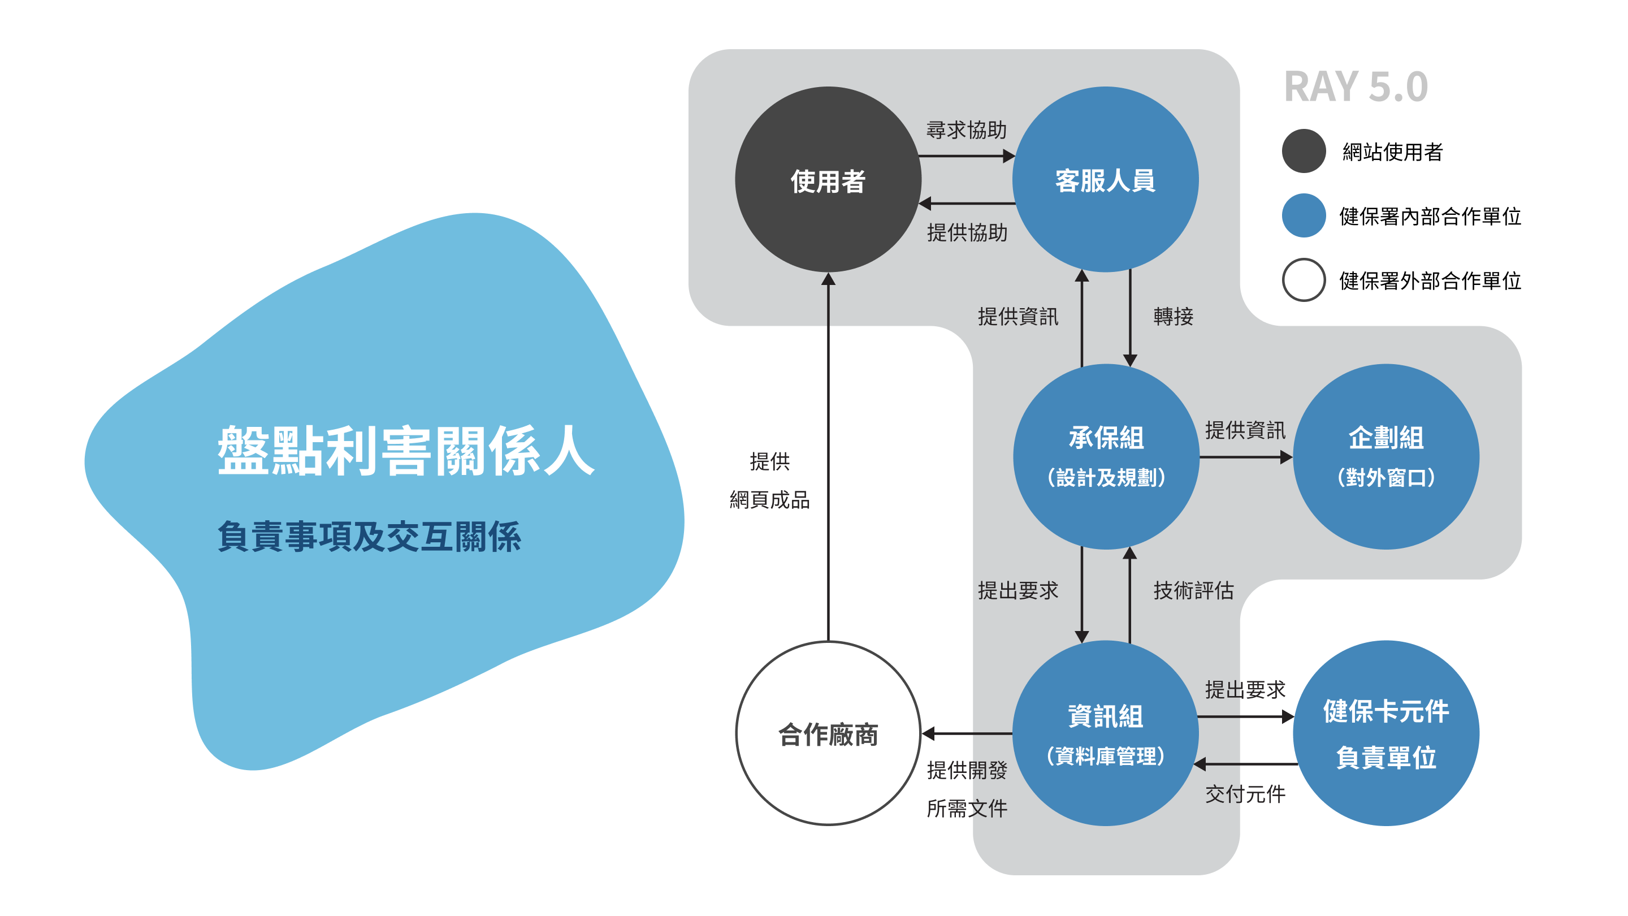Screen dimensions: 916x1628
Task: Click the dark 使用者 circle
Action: pyautogui.click(x=828, y=180)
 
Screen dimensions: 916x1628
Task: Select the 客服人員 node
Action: pyautogui.click(x=1105, y=180)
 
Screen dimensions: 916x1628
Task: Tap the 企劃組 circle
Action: pyautogui.click(x=1385, y=456)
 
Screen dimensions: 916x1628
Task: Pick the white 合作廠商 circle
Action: pyautogui.click(x=828, y=733)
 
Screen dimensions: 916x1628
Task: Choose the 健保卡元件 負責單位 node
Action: pyautogui.click(x=1385, y=733)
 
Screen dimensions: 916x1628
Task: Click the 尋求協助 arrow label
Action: pyautogui.click(x=966, y=130)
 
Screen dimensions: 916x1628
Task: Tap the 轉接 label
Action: pyautogui.click(x=1173, y=316)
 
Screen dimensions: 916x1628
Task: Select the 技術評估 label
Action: pyautogui.click(x=1193, y=590)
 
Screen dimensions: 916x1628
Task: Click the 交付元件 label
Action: pyautogui.click(x=1245, y=794)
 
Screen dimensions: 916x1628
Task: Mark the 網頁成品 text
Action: pyautogui.click(x=769, y=500)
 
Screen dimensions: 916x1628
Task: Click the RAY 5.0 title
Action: pyautogui.click(x=1356, y=87)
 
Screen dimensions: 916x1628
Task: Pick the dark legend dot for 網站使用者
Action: pyautogui.click(x=1303, y=151)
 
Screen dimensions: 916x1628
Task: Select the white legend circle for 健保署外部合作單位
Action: pyautogui.click(x=1303, y=279)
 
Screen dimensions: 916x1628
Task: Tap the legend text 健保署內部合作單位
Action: pyautogui.click(x=1430, y=216)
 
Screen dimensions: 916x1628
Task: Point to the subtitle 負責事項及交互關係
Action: pyautogui.click(x=369, y=537)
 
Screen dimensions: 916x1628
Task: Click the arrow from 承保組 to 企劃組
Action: pyautogui.click(x=1245, y=457)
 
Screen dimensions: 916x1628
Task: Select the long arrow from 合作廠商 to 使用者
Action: pyautogui.click(x=828, y=455)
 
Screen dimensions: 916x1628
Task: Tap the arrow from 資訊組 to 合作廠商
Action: pyautogui.click(x=967, y=733)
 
